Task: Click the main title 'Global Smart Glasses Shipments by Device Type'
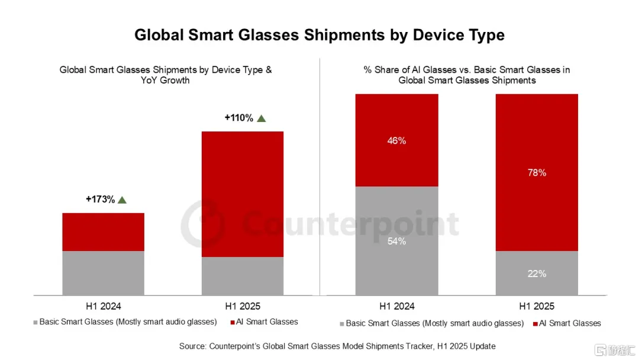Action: pyautogui.click(x=319, y=35)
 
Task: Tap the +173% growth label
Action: pyautogui.click(x=100, y=200)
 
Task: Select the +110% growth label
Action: pyautogui.click(x=238, y=118)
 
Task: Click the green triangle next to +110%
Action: pyautogui.click(x=262, y=118)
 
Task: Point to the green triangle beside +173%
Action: pyautogui.click(x=122, y=200)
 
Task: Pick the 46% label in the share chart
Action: pyautogui.click(x=396, y=141)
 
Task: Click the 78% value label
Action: pyautogui.click(x=537, y=173)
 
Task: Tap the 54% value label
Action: pyautogui.click(x=396, y=241)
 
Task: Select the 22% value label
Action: pyautogui.click(x=537, y=274)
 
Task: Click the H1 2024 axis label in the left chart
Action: pyautogui.click(x=103, y=306)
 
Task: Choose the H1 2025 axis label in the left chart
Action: pyautogui.click(x=243, y=306)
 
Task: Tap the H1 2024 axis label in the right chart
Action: pyautogui.click(x=397, y=306)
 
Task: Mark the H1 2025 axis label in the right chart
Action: pyautogui.click(x=537, y=306)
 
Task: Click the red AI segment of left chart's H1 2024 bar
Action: pyautogui.click(x=103, y=232)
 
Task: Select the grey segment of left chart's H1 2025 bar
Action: pyautogui.click(x=243, y=276)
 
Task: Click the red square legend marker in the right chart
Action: pyautogui.click(x=535, y=324)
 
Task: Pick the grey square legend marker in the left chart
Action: pyautogui.click(x=35, y=322)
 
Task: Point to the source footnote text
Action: pyautogui.click(x=337, y=346)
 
